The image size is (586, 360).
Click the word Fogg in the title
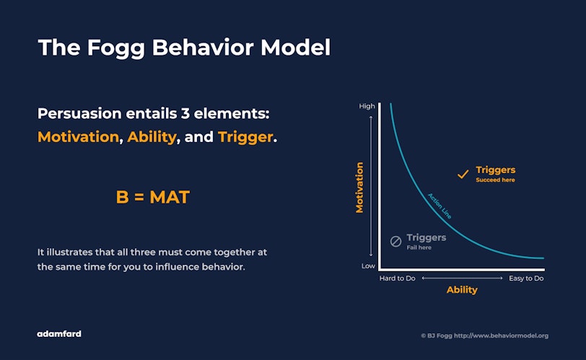click(x=116, y=48)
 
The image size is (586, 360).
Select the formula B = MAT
click(x=153, y=197)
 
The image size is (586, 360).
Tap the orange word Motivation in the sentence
click(x=78, y=137)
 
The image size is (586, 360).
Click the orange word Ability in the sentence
click(x=152, y=137)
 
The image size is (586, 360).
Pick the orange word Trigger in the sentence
click(x=245, y=137)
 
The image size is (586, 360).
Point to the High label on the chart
click(x=367, y=106)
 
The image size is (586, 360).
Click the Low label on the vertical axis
click(x=368, y=266)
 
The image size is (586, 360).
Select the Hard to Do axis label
click(x=397, y=278)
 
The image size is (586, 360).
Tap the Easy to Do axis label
click(x=526, y=278)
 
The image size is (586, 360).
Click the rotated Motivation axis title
click(x=359, y=188)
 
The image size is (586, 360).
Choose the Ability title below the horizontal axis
click(x=462, y=290)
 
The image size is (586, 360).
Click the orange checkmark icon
click(x=463, y=174)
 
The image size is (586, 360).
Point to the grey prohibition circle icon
click(x=395, y=241)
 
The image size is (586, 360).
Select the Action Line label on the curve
click(x=439, y=206)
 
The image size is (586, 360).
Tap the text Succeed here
click(x=495, y=180)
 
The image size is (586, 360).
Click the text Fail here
click(x=419, y=247)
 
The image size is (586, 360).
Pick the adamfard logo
click(x=59, y=334)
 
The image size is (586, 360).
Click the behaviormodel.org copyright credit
click(x=485, y=335)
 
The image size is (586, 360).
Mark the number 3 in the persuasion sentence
click(x=185, y=113)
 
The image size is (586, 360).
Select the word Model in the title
click(x=296, y=48)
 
